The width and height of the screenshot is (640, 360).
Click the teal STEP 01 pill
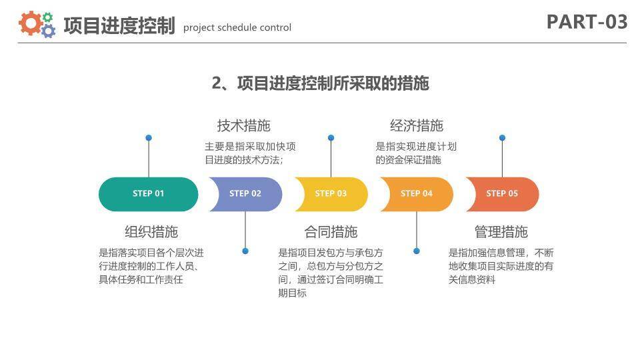[148, 194]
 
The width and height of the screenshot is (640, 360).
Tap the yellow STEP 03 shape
[332, 194]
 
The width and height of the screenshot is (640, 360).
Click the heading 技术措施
[243, 125]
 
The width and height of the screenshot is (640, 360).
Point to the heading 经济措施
[416, 125]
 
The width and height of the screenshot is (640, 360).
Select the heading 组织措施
[151, 232]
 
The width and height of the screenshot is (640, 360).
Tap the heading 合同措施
[331, 232]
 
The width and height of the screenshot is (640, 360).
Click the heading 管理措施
[501, 232]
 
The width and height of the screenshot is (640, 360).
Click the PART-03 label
[587, 22]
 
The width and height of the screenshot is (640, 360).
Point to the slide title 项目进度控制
[119, 26]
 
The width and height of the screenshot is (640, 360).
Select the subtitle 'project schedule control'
[237, 28]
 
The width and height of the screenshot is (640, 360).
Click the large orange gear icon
[30, 23]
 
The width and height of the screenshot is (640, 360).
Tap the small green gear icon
[47, 17]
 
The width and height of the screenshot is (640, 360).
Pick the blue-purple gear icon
[48, 31]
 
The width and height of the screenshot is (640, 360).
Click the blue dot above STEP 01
[149, 138]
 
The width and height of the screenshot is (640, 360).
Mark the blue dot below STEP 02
[245, 251]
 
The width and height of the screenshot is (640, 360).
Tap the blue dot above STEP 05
[502, 138]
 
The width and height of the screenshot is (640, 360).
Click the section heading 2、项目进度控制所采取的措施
[320, 83]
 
